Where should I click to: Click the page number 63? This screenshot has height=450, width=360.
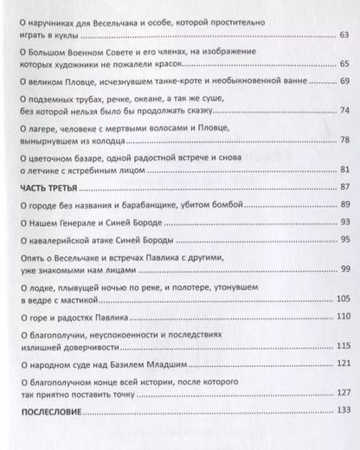(342, 35)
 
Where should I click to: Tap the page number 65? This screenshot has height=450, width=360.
(342, 64)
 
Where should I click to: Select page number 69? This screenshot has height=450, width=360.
(342, 81)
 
